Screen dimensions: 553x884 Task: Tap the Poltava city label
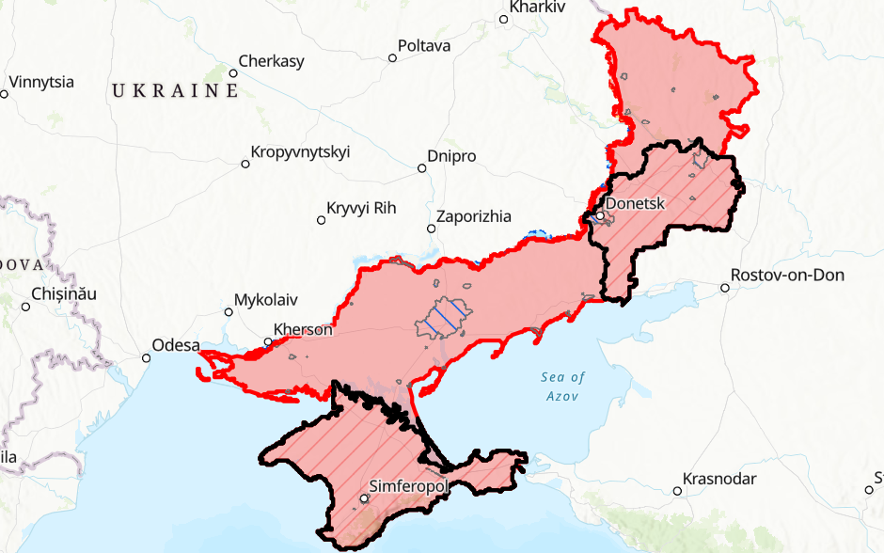424,46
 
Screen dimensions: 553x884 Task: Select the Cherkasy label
271,62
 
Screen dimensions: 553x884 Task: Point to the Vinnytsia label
41,82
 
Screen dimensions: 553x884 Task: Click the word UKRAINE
175,91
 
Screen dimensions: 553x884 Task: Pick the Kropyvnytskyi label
300,152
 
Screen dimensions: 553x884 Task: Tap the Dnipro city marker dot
422,168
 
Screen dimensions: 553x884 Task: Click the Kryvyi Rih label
361,208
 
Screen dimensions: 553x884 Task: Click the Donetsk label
637,202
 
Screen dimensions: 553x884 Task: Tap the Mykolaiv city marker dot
228,311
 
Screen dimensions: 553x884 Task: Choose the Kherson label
303,330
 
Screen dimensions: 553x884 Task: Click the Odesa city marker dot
147,357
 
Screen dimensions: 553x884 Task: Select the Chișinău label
64,293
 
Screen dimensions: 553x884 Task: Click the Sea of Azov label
563,387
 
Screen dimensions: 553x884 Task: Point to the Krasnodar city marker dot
677,491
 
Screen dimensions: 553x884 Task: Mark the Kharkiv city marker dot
503,18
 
